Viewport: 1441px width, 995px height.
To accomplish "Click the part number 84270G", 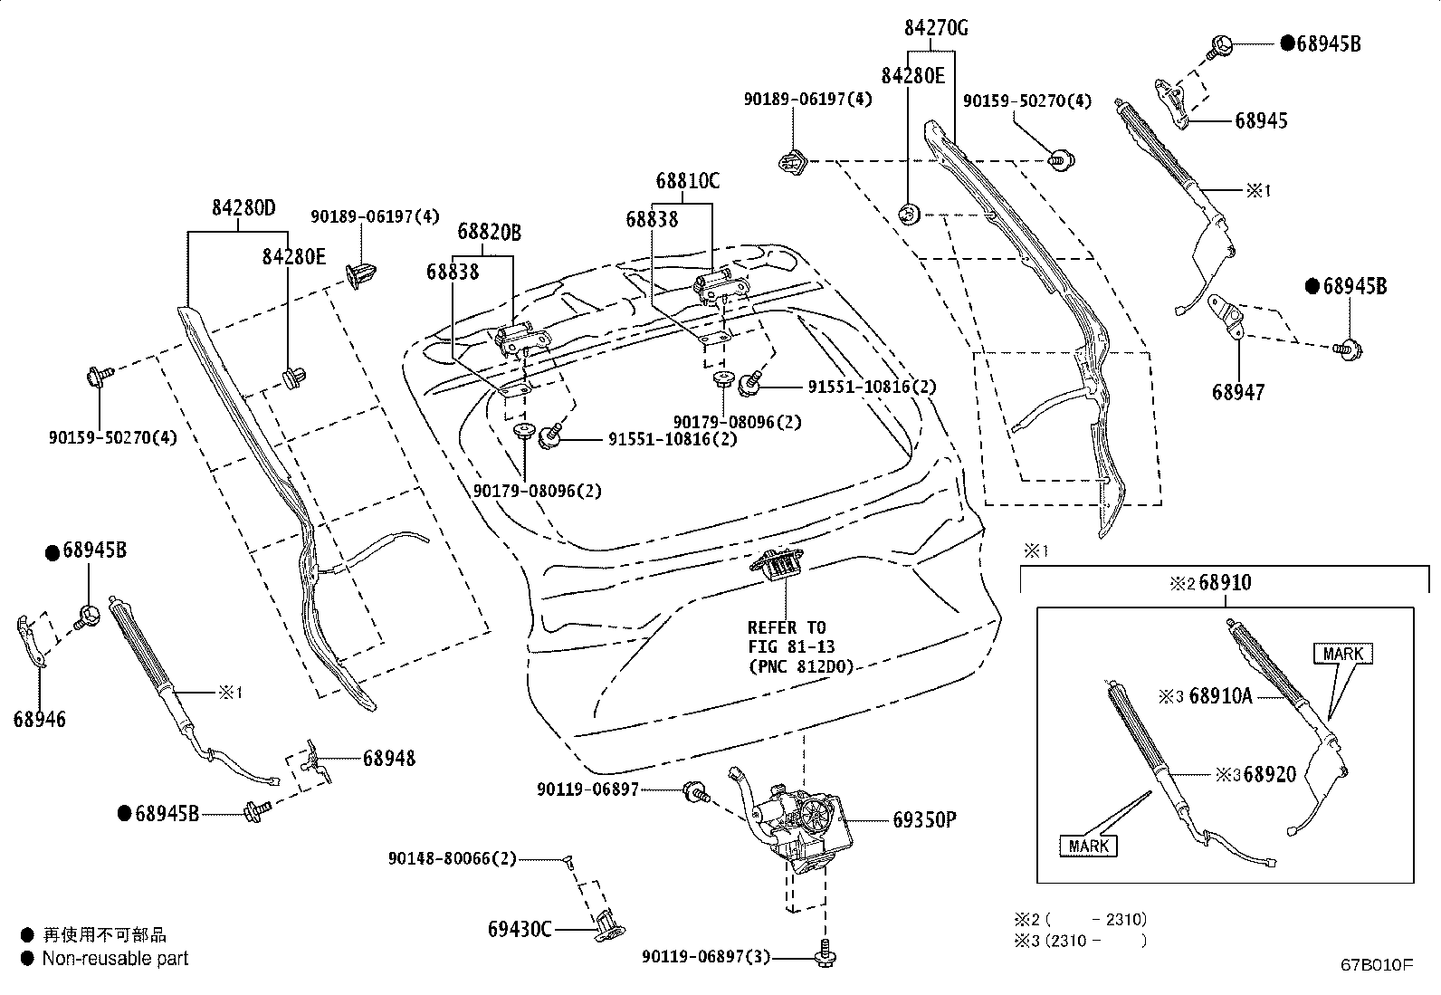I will [x=935, y=28].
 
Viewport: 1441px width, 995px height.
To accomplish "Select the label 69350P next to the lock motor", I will [x=923, y=820].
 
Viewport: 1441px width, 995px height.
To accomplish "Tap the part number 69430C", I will [x=520, y=929].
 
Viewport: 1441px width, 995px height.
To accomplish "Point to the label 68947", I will [x=1238, y=392].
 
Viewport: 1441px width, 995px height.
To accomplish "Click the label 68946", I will [x=39, y=720].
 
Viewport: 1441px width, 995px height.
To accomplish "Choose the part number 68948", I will [x=389, y=758].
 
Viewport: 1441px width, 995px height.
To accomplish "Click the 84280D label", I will [x=243, y=207].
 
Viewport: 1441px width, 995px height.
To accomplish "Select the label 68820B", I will [x=489, y=232].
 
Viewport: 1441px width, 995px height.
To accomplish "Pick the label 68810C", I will [x=688, y=181].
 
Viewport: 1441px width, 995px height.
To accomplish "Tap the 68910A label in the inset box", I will [x=1220, y=695].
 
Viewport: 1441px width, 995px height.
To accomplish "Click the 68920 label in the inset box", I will [x=1269, y=774].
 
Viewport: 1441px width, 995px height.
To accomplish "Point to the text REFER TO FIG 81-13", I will [x=790, y=637].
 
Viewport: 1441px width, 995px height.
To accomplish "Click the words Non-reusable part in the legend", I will [x=115, y=958].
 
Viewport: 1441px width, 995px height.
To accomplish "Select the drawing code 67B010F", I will [x=1376, y=965].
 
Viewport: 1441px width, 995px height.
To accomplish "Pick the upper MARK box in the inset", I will [x=1341, y=654].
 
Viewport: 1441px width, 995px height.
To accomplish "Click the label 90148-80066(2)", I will [x=452, y=858].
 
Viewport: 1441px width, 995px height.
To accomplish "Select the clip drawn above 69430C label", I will [x=608, y=925].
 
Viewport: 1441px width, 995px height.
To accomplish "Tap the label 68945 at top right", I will [x=1261, y=120].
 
